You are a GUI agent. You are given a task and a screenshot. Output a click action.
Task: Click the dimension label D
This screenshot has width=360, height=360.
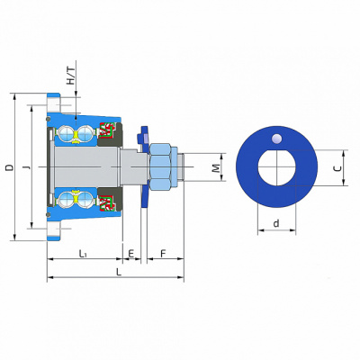10,167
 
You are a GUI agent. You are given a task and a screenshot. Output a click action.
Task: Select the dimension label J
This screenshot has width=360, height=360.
27,166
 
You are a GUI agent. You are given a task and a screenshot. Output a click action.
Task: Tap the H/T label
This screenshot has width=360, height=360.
71,76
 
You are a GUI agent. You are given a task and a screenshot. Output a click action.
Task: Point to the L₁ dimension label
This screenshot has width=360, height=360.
83,254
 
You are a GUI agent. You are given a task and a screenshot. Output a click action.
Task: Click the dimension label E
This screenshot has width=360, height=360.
131,254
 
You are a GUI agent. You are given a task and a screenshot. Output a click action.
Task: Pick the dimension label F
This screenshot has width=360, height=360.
163,254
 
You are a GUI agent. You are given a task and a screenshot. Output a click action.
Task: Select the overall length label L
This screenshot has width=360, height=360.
119,272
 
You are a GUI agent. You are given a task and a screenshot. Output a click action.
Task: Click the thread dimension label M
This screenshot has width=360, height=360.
216,168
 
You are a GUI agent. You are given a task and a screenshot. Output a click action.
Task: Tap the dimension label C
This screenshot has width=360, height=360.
337,168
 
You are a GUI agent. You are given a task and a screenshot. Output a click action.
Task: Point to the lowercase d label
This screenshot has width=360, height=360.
276,223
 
